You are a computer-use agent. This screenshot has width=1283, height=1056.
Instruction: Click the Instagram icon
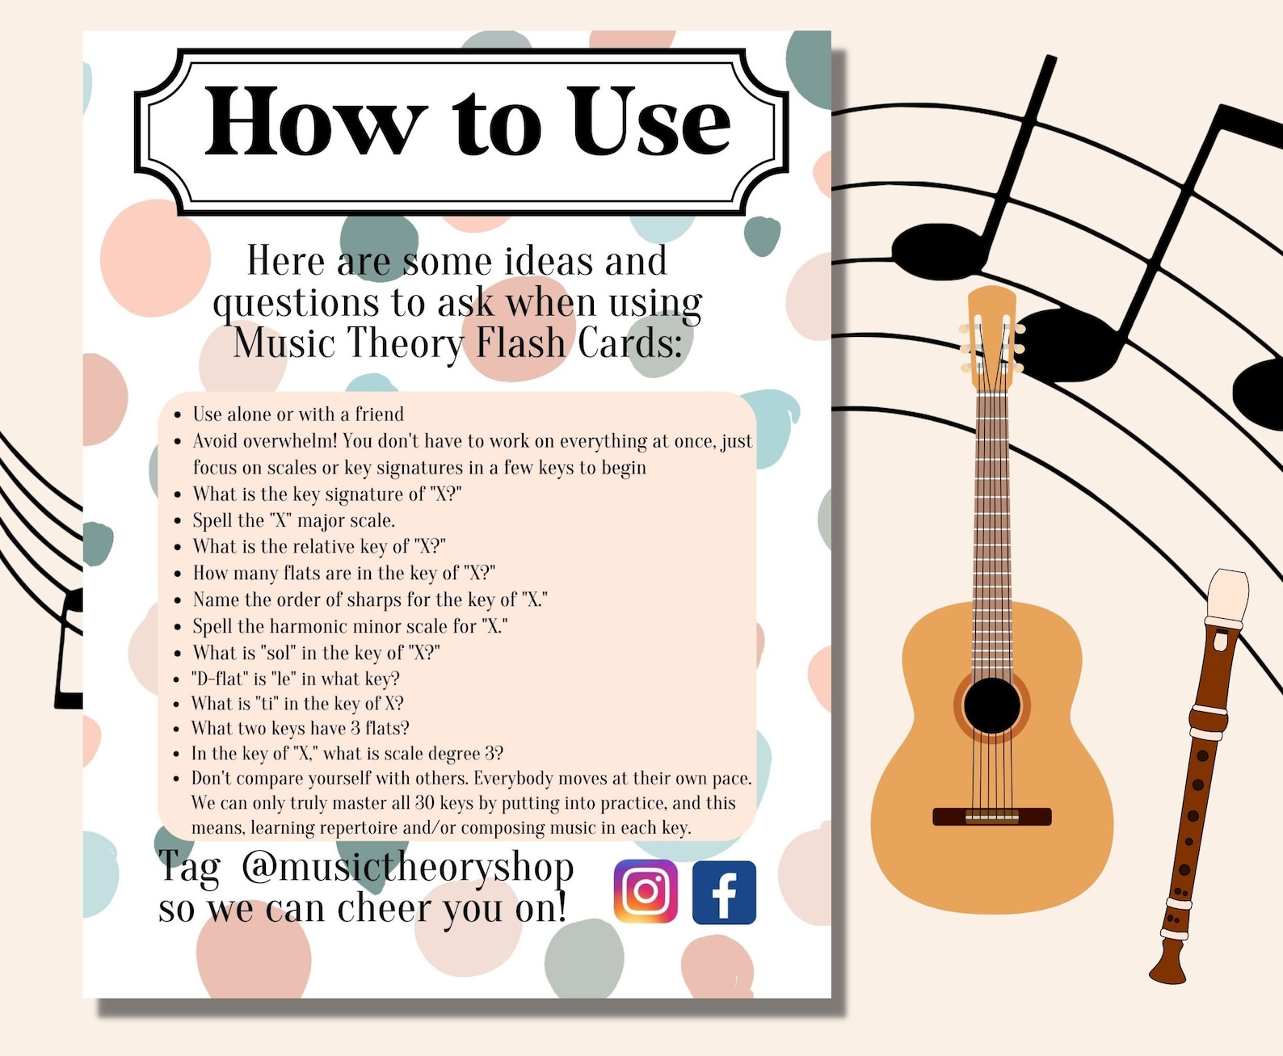646,892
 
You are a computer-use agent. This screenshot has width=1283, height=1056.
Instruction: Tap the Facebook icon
724,892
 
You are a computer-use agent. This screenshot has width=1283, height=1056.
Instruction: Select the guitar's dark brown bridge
992,816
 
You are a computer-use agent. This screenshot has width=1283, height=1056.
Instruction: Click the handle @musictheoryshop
408,868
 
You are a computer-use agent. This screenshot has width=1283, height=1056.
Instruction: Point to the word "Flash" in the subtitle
520,343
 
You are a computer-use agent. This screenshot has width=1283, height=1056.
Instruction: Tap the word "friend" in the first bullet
379,414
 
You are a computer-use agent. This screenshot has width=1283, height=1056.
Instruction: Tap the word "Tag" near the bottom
189,868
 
